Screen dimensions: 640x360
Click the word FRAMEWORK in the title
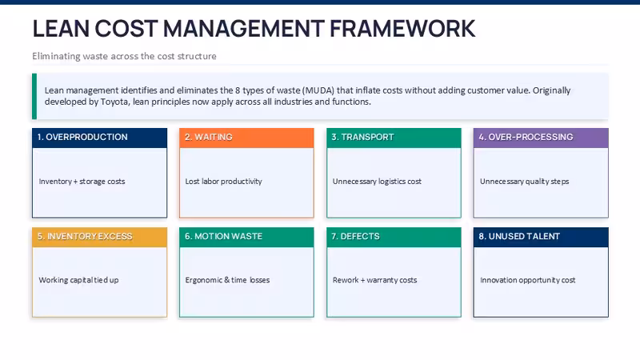coord(402,29)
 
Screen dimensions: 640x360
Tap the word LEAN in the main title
coord(61,29)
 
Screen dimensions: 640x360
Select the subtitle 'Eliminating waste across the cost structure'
coord(124,56)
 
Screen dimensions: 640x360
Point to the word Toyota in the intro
coord(114,102)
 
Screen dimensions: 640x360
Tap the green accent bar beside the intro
coord(34,96)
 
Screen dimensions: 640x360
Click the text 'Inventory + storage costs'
coord(82,182)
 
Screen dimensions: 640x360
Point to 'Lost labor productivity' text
coord(224,182)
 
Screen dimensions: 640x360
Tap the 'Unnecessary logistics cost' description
coord(377,182)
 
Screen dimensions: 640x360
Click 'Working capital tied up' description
coord(78,280)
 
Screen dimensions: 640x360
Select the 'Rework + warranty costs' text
coord(374,280)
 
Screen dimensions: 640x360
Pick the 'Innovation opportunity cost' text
coord(528,280)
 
